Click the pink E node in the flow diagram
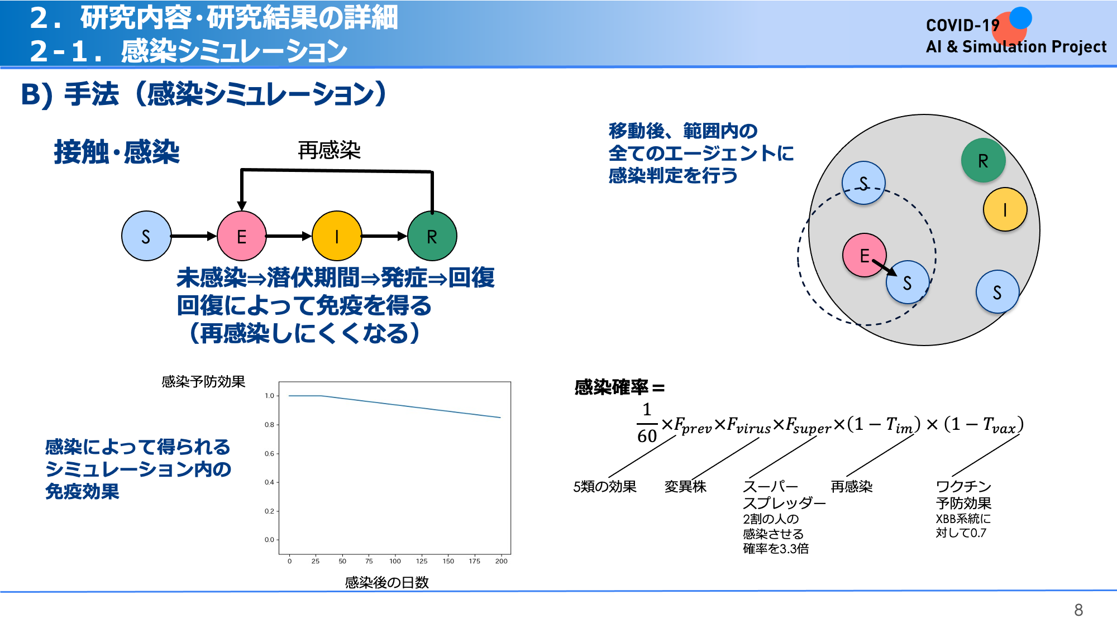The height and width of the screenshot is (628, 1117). pos(241,236)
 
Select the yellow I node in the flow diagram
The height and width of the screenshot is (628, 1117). pos(337,236)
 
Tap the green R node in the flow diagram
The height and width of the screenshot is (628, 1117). pos(432,236)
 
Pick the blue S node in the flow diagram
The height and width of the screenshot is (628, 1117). pos(146,236)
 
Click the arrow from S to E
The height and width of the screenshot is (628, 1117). pos(194,236)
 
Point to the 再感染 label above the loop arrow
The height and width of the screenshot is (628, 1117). pos(329,150)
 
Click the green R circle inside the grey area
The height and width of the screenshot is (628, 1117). pos(983,161)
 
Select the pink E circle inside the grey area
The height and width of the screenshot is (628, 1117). pos(865,255)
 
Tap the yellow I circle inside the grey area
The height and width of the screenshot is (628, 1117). pos(1005,209)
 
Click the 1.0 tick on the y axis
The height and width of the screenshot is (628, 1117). pos(269,396)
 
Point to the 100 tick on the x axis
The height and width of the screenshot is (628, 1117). pos(395,561)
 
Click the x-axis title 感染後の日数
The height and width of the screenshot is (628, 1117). pos(386,582)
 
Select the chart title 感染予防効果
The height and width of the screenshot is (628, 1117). pos(203,382)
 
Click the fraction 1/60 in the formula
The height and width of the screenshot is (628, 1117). pos(647,423)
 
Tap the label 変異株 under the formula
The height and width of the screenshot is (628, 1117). pos(685,487)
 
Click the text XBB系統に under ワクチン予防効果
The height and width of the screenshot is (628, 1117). pos(963,519)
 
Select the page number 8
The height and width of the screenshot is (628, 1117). pos(1078,610)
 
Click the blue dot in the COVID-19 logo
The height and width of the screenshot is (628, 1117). pos(1020,17)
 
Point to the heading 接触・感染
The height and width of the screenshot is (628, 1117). pos(117,152)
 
